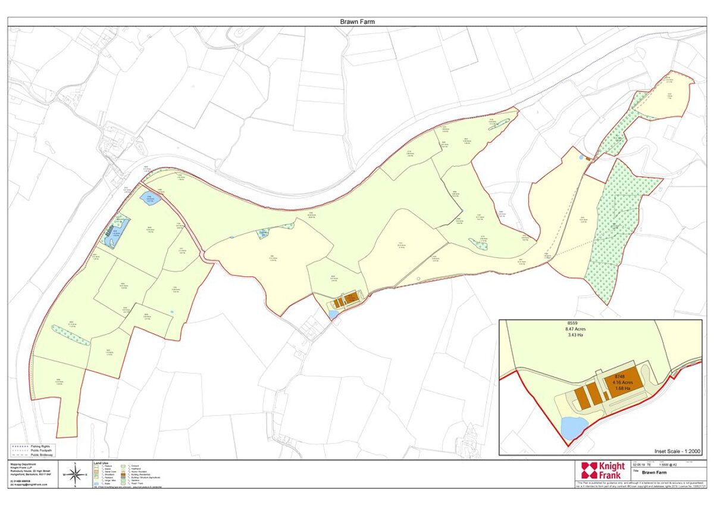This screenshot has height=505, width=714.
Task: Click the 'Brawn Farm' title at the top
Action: [357, 22]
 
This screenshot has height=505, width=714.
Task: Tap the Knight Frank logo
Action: [603, 470]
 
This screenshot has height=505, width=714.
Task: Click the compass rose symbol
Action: [76, 475]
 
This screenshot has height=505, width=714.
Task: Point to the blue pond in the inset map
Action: [575, 427]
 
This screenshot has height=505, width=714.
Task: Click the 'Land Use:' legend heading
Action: [101, 463]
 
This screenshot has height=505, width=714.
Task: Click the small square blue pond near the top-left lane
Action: [147, 198]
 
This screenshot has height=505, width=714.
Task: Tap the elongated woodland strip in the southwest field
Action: [71, 335]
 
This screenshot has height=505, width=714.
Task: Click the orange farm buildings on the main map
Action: [346, 299]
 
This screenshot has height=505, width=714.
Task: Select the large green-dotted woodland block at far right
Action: [619, 226]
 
